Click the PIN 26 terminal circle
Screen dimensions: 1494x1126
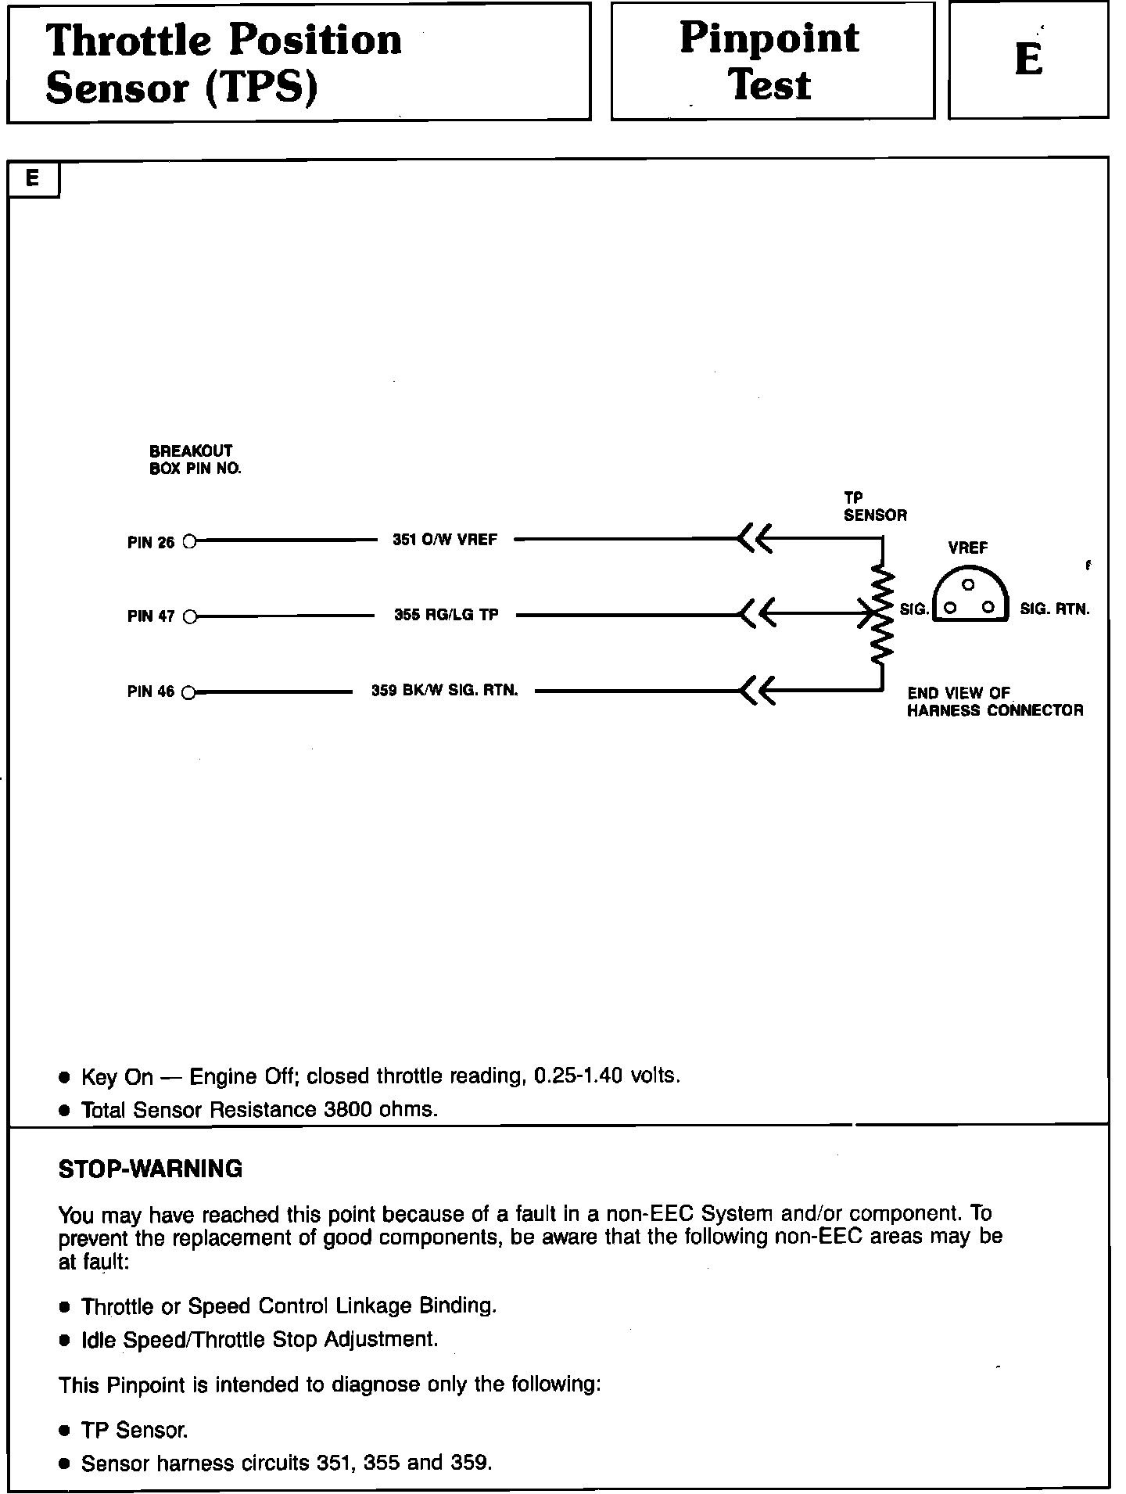coord(188,540)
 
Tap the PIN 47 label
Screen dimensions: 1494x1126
coord(151,616)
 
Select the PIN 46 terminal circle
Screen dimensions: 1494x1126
coord(188,692)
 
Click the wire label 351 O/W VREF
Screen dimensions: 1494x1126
coord(445,540)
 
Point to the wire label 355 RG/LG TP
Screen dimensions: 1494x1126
coord(446,615)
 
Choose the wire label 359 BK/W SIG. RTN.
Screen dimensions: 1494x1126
coord(444,691)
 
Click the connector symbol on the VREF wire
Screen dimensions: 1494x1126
coord(755,539)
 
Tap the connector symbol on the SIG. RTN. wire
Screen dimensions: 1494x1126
coord(755,691)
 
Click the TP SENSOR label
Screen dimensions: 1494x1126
coord(874,506)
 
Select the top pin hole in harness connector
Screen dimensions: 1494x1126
coord(968,585)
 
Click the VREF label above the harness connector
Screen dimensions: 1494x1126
coord(968,548)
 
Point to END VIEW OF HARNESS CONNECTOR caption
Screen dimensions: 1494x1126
coord(995,702)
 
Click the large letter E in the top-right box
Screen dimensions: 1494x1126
coord(1028,59)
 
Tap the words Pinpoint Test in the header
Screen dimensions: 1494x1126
coord(770,61)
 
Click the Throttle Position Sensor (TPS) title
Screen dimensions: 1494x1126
coord(224,63)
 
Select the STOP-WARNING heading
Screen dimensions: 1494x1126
coord(150,1169)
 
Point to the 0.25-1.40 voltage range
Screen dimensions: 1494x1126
coord(578,1076)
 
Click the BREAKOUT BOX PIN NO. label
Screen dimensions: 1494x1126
coord(195,460)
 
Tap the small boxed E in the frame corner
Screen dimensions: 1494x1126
coord(33,178)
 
